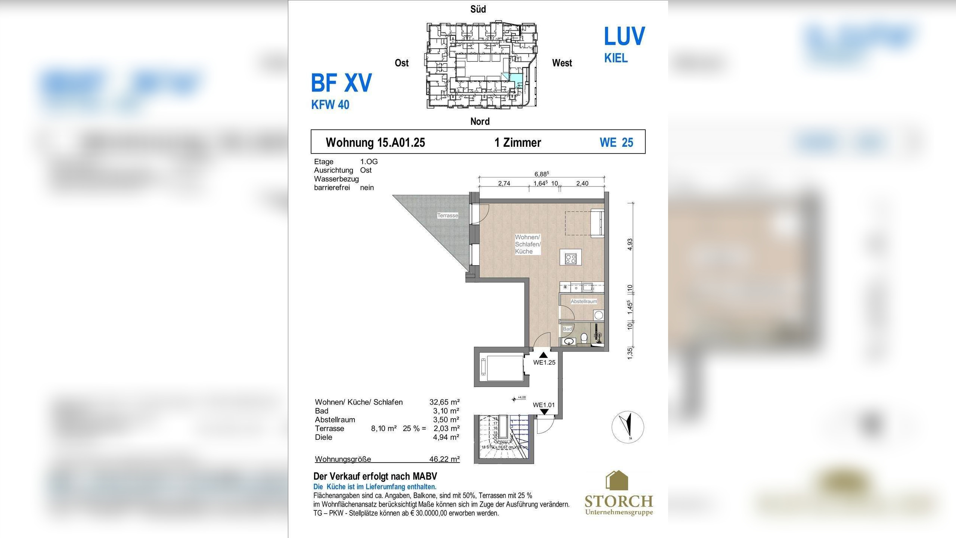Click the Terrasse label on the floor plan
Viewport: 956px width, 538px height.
[447, 216]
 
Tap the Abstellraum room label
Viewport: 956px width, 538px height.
[583, 302]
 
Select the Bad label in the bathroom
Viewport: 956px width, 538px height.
[567, 329]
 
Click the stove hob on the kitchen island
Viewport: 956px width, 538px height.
[571, 259]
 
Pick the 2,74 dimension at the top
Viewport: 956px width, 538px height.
[504, 183]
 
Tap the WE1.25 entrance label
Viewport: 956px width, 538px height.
[544, 362]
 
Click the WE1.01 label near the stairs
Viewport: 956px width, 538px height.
[543, 405]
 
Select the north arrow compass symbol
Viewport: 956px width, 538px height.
[628, 427]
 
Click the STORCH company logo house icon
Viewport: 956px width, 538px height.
[617, 480]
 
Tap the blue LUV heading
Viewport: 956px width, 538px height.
[624, 36]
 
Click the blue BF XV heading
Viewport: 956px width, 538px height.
[341, 83]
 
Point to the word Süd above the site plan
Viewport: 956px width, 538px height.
[478, 9]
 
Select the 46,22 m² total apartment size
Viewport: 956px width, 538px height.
[444, 459]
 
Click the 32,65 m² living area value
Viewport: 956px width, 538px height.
[444, 402]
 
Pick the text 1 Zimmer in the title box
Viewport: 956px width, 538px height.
[518, 142]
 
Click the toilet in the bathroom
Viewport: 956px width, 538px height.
[584, 339]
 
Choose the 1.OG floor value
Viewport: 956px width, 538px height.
[369, 162]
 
